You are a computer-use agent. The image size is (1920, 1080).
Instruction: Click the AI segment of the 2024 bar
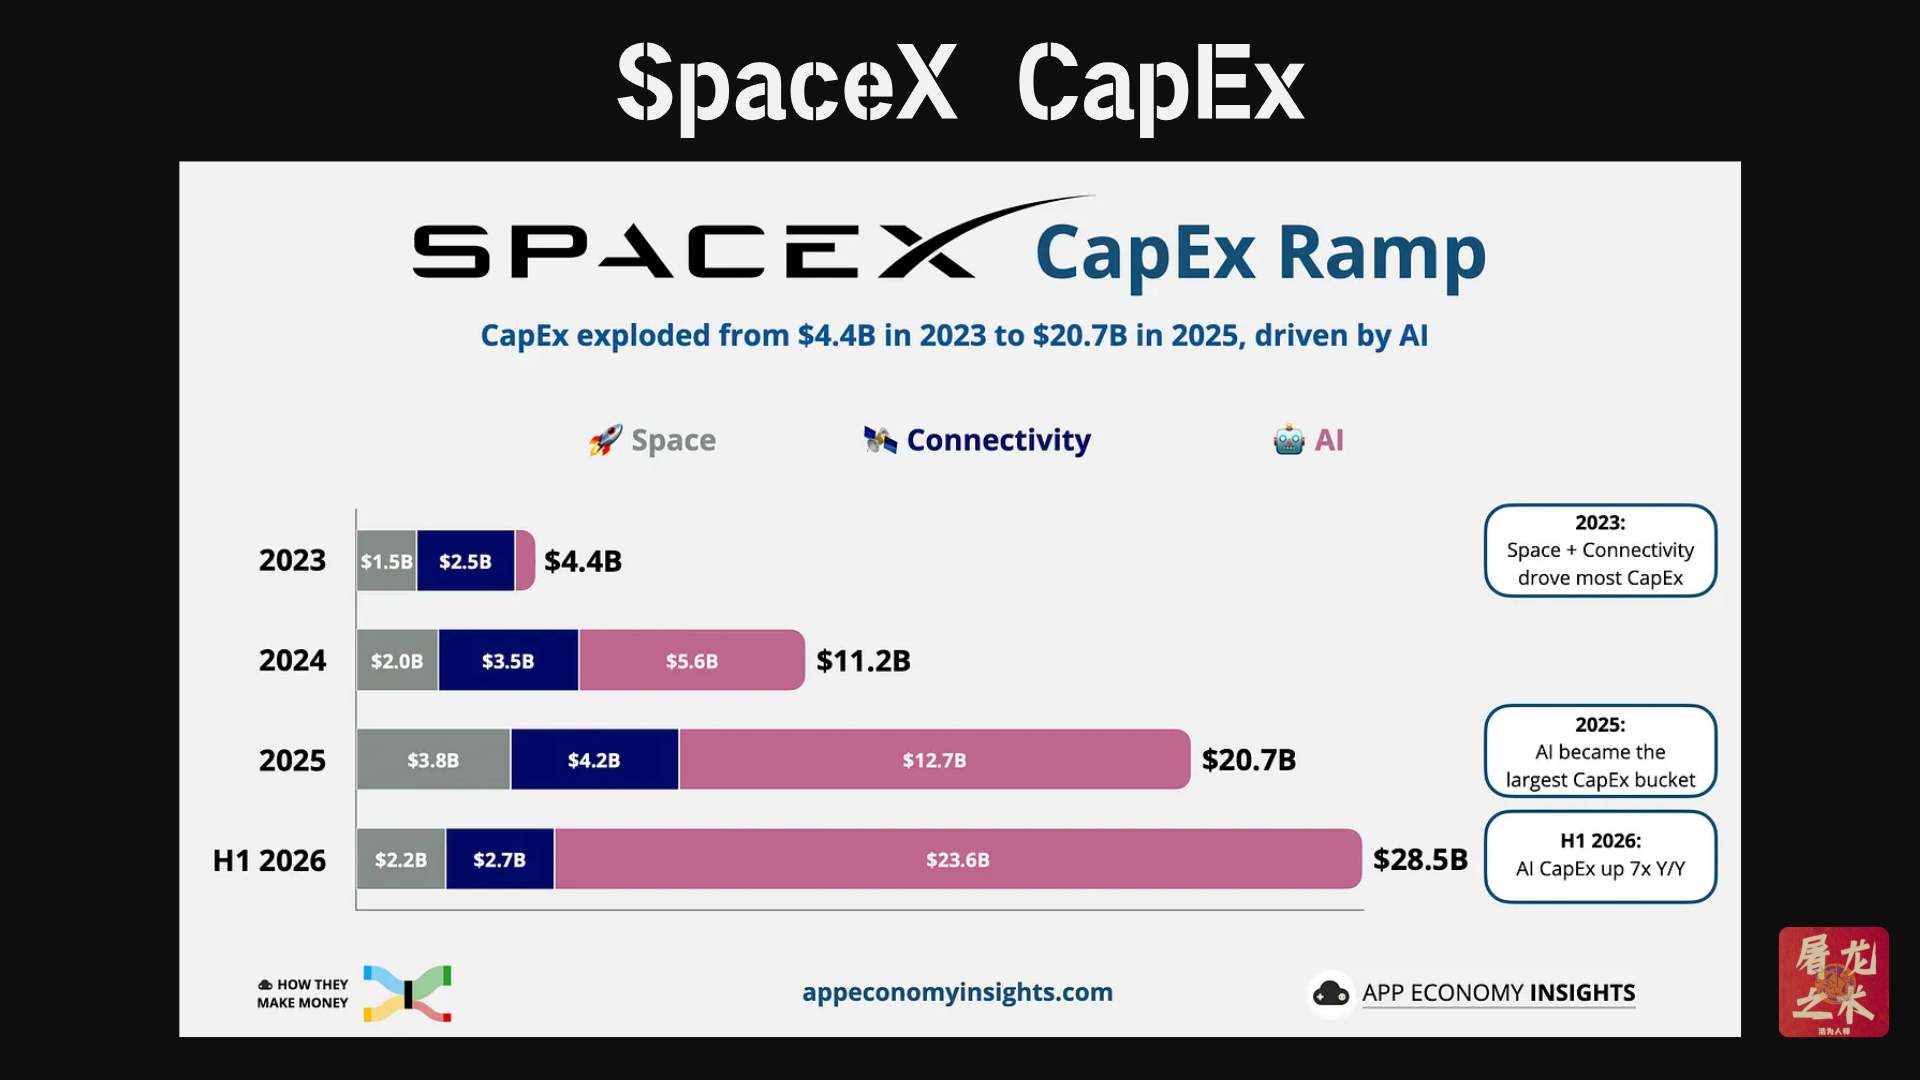tap(692, 660)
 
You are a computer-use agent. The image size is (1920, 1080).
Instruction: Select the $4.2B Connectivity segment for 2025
tap(594, 760)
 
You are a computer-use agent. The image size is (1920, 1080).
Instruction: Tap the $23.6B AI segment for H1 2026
tap(958, 859)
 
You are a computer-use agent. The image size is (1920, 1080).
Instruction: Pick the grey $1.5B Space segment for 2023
tap(387, 561)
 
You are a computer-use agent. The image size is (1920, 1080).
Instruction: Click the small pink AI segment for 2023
tap(525, 561)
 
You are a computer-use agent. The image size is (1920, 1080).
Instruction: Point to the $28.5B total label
tap(1420, 859)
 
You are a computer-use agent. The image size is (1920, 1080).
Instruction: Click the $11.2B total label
tap(863, 661)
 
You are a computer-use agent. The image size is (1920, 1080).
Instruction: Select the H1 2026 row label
tap(269, 860)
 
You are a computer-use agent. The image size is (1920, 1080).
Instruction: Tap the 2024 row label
tap(292, 660)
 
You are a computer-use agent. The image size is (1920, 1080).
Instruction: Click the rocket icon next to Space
tap(605, 440)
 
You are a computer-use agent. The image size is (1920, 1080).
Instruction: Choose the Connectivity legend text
tap(998, 440)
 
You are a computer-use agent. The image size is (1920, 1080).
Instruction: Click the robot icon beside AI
tap(1289, 440)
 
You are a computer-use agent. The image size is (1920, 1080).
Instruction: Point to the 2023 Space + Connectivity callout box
tap(1600, 551)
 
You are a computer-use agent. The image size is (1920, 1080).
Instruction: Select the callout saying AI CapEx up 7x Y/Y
tap(1600, 857)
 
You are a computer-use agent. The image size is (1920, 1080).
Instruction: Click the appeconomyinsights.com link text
tap(957, 992)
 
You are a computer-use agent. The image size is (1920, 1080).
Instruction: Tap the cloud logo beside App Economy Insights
tap(1331, 993)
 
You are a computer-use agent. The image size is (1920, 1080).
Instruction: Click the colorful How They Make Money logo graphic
tap(407, 993)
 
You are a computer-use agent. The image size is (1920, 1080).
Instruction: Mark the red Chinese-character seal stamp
tap(1833, 982)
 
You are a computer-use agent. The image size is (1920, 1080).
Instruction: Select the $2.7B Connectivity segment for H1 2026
tap(500, 859)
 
